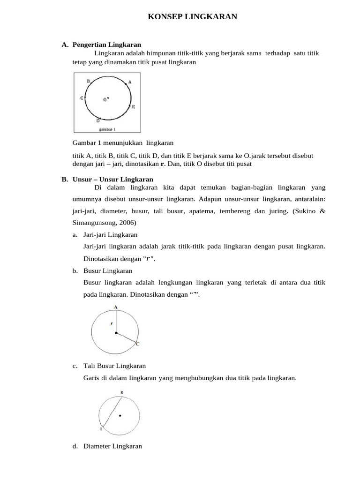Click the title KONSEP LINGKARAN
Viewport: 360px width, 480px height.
pyautogui.click(x=193, y=17)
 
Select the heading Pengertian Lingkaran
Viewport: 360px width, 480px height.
pyautogui.click(x=107, y=45)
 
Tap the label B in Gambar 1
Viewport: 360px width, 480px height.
pyautogui.click(x=88, y=81)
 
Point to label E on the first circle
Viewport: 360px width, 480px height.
pyautogui.click(x=134, y=107)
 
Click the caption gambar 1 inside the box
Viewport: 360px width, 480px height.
pyautogui.click(x=107, y=128)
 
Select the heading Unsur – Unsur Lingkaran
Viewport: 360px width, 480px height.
pyautogui.click(x=113, y=180)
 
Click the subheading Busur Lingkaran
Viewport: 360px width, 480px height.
pyautogui.click(x=108, y=271)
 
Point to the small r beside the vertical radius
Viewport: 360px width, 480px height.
pyautogui.click(x=112, y=323)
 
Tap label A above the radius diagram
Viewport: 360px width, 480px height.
pyautogui.click(x=115, y=307)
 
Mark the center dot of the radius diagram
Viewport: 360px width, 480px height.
pyautogui.click(x=116, y=333)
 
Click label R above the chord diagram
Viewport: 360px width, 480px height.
pyautogui.click(x=122, y=392)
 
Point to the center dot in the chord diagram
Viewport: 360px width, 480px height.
pyautogui.click(x=120, y=415)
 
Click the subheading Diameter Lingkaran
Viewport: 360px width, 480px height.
pyautogui.click(x=112, y=446)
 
